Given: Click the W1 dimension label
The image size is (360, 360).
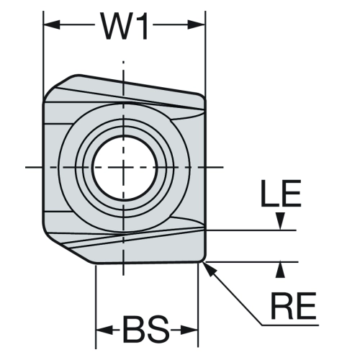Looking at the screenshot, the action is point(125,26).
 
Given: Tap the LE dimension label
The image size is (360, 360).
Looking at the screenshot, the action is point(281,193).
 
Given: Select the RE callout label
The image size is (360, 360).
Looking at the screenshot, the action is point(293,306).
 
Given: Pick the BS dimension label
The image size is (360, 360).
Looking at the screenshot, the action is point(145,330).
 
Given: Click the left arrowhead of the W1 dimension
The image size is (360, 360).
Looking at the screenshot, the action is point(51,24).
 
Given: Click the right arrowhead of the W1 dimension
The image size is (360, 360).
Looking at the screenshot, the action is point(197,24).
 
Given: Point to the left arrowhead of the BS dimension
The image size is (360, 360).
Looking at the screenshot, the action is point(104,330).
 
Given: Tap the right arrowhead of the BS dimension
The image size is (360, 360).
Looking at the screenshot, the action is point(189,330).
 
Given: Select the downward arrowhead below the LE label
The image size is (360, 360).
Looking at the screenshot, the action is point(280,221).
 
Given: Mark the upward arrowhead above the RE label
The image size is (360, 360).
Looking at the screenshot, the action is point(280,270).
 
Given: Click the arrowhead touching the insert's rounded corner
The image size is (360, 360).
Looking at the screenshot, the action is point(209,269).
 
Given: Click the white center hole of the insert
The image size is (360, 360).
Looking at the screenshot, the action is point(125,167).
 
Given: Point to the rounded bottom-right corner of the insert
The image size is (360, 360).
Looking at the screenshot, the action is point(203,260).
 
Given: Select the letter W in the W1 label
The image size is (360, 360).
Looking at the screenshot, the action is point(116,26).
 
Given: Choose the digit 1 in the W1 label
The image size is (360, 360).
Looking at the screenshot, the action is point(142,26).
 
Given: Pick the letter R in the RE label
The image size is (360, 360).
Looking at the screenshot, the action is point(282,306).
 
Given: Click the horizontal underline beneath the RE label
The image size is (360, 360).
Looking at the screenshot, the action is point(290,325).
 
